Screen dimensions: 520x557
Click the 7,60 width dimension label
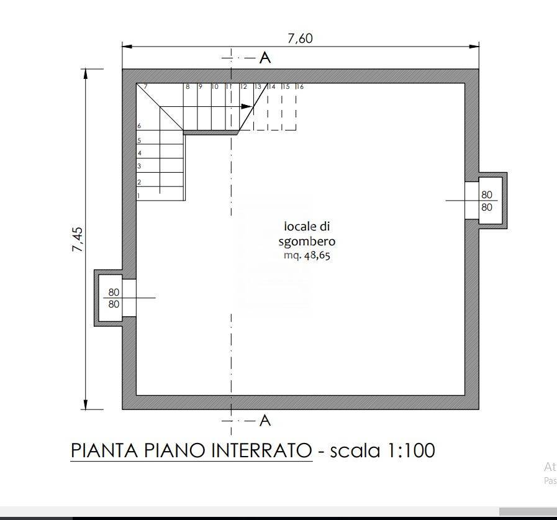(x=300, y=39)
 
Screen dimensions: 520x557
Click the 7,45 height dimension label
(x=78, y=239)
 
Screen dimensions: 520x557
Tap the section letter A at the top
(x=265, y=58)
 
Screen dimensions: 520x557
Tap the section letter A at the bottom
(x=265, y=421)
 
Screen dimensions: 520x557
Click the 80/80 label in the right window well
(x=487, y=201)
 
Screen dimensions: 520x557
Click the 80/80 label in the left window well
(x=114, y=298)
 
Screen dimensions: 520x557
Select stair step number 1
(x=138, y=196)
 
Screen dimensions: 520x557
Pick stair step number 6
(x=139, y=126)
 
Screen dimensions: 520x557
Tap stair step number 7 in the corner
(x=145, y=87)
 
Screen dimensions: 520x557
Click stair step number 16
(x=300, y=87)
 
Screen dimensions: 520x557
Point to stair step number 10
(x=215, y=87)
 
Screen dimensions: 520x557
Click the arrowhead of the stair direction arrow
(x=245, y=107)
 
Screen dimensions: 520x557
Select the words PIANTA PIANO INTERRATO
(x=191, y=450)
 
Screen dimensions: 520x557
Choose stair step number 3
(x=139, y=166)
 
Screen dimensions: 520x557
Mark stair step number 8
(x=188, y=87)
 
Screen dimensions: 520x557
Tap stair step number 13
(x=258, y=87)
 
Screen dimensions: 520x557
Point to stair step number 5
(x=139, y=140)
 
